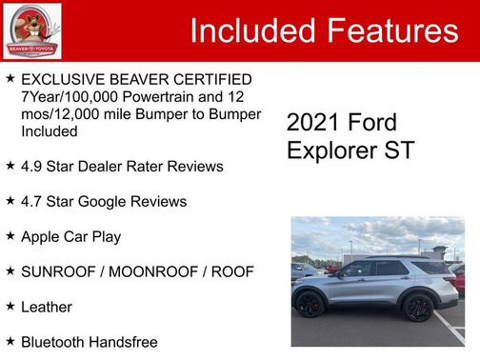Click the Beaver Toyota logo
31,30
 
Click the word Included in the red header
250,31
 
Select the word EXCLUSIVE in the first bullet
62,79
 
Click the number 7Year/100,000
69,96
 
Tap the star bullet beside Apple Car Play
10,235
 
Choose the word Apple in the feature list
42,236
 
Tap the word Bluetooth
54,342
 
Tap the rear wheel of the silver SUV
418,308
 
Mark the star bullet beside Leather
10,306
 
